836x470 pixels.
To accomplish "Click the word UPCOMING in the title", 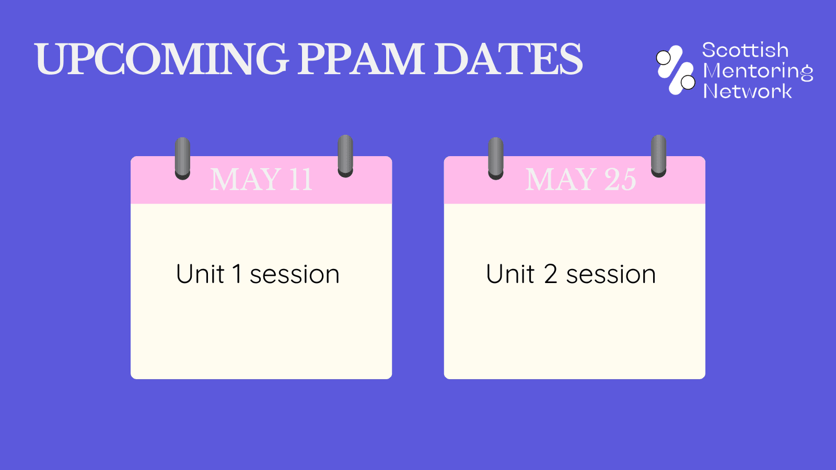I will (161, 58).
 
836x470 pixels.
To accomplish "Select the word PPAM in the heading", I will (361, 58).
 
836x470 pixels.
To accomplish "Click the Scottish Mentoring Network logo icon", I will (676, 70).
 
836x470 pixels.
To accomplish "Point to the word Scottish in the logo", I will (745, 50).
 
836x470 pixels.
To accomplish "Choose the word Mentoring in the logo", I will (758, 71).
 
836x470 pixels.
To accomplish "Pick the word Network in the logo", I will (747, 91).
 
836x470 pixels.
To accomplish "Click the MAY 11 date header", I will (261, 180).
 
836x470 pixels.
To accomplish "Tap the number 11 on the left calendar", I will (300, 180).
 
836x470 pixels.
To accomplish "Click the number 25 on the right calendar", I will (620, 180).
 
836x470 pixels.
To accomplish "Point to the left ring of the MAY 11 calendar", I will (182, 158).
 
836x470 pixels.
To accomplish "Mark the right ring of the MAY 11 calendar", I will (345, 156).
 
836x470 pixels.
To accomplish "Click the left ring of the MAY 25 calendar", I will (496, 158).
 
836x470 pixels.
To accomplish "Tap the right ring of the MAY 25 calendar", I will (659, 156).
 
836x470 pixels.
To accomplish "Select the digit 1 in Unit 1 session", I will (237, 274).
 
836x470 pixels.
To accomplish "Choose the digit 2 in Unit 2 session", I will (551, 274).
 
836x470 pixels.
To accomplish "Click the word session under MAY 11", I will (295, 275).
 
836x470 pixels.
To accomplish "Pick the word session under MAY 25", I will (611, 275).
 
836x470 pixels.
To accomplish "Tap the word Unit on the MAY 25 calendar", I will (510, 274).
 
